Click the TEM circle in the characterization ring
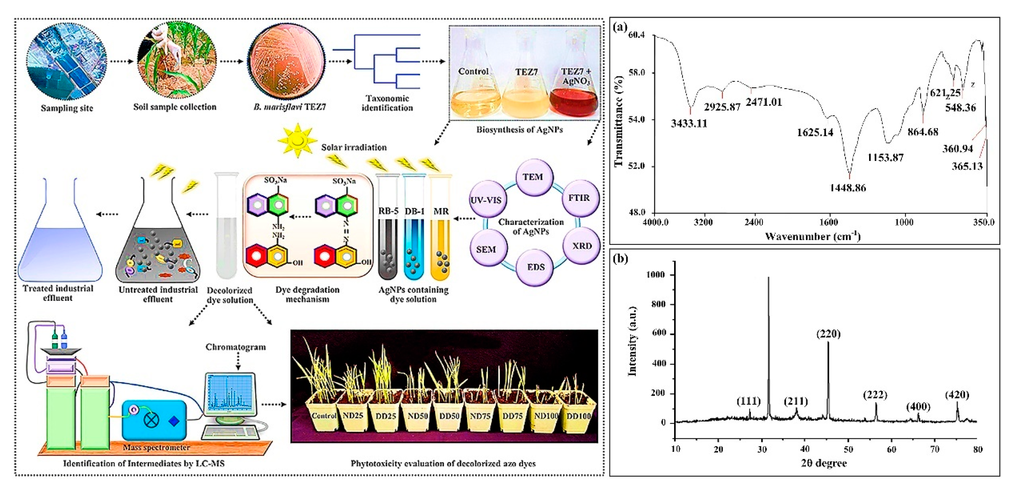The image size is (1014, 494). click(x=533, y=178)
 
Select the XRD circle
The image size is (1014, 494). click(x=581, y=246)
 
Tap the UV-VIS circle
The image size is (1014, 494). click(x=486, y=200)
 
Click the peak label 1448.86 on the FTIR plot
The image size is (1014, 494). click(x=848, y=188)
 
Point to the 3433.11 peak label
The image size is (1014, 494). click(x=689, y=124)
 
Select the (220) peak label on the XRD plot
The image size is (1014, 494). click(x=828, y=334)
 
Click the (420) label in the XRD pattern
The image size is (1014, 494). click(x=957, y=395)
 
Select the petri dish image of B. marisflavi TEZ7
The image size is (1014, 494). click(x=286, y=62)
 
